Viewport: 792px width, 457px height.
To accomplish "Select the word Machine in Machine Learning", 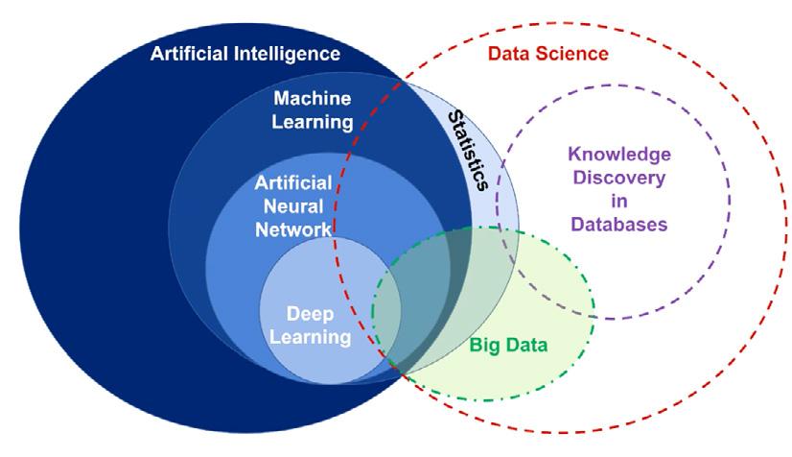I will (313, 99).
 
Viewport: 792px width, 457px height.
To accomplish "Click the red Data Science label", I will (548, 54).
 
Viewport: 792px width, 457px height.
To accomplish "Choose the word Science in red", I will (575, 54).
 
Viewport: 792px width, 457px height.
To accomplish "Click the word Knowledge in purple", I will (617, 154).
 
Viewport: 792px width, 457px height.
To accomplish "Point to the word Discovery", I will (617, 178).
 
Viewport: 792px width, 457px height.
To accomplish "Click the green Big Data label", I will (508, 346).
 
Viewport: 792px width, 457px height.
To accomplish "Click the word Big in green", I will (485, 346).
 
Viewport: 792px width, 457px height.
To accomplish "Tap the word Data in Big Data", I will (526, 346).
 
